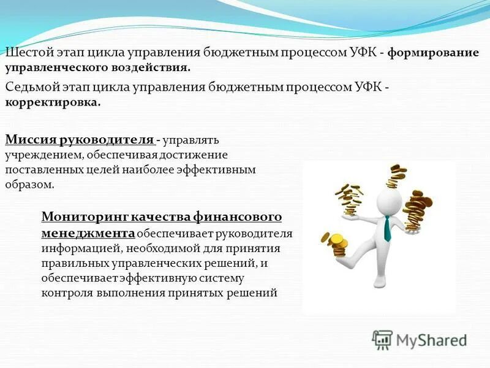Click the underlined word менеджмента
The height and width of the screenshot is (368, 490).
click(88, 233)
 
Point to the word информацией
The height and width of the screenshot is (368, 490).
click(77, 249)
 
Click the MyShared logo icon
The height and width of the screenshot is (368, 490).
click(382, 340)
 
